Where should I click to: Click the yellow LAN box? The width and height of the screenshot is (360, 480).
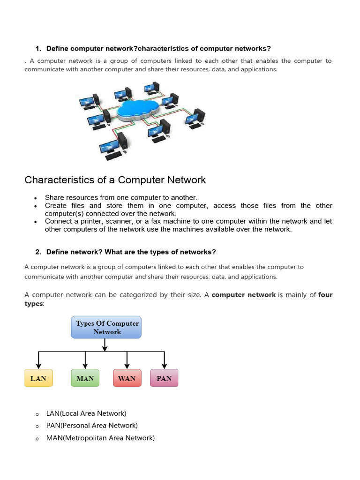(38, 378)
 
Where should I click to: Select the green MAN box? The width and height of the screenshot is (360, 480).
(85, 378)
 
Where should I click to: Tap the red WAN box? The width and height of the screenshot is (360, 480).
(127, 378)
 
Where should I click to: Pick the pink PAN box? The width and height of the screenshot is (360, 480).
(164, 378)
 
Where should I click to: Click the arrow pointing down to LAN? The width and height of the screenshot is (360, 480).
(38, 360)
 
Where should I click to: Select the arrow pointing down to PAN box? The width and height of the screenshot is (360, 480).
(164, 360)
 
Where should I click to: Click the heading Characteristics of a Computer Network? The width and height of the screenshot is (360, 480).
(115, 180)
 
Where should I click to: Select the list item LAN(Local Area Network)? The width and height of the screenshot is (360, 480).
(86, 413)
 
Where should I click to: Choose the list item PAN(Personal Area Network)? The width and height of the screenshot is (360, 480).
(92, 426)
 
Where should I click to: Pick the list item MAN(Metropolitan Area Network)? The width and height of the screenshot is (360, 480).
(100, 438)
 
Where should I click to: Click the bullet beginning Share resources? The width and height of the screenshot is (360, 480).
(121, 197)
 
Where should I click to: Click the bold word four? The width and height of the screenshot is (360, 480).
(325, 295)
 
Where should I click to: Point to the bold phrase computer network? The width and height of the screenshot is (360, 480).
(244, 295)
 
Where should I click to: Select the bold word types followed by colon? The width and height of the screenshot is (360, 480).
(33, 304)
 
